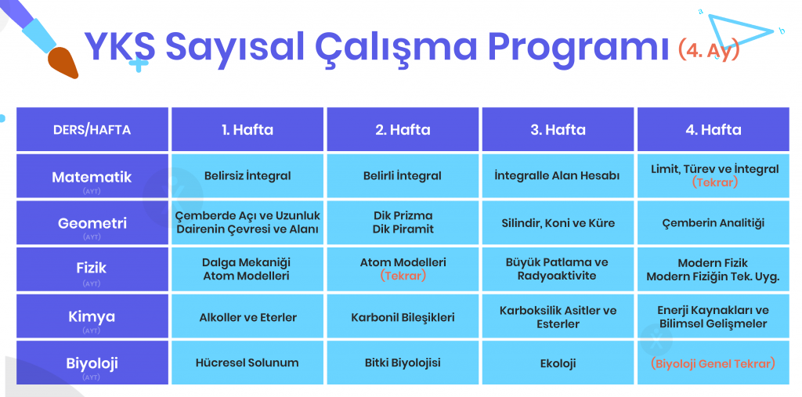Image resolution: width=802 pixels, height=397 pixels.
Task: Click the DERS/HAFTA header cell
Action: pyautogui.click(x=92, y=129)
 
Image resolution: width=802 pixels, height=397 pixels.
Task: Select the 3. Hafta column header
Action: pyautogui.click(x=558, y=129)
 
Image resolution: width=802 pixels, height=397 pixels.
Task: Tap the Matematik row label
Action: pyautogui.click(x=92, y=176)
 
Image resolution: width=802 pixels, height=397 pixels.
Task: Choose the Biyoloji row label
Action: pyautogui.click(x=92, y=363)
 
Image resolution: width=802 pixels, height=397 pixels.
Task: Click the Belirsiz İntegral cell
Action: pyautogui.click(x=247, y=176)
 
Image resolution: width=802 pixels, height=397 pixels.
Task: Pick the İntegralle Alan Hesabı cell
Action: pyautogui.click(x=558, y=176)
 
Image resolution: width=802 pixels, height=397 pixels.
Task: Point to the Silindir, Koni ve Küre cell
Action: pyautogui.click(x=558, y=223)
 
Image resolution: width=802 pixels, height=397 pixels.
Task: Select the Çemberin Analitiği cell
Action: pyautogui.click(x=713, y=223)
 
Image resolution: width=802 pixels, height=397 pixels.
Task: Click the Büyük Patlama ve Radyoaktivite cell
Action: pyautogui.click(x=558, y=269)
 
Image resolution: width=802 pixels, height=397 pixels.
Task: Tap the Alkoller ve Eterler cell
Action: pyautogui.click(x=247, y=317)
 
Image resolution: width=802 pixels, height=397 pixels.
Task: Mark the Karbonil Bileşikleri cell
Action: pyautogui.click(x=403, y=317)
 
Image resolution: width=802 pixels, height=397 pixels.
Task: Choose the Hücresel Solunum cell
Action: pyautogui.click(x=247, y=363)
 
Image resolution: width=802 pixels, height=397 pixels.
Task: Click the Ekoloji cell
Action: pyautogui.click(x=558, y=363)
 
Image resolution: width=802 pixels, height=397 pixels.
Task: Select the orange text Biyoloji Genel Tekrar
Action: pyautogui.click(x=713, y=364)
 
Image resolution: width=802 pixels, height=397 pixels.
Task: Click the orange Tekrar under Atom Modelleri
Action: pyautogui.click(x=403, y=276)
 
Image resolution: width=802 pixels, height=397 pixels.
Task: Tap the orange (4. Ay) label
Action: pyautogui.click(x=709, y=49)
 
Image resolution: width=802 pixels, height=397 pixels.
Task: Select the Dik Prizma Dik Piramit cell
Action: pyautogui.click(x=403, y=222)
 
